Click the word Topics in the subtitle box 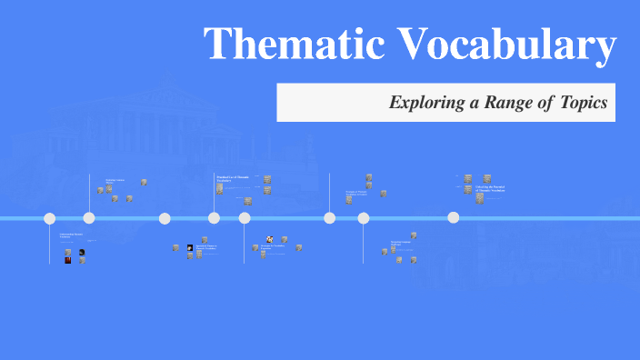584,103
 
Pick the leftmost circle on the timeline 50,218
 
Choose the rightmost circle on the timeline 454,218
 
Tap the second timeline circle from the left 89,218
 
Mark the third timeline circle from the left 165,218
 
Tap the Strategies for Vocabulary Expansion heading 274,248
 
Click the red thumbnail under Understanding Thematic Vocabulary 68,260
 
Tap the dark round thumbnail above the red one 82,252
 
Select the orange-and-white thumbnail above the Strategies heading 269,240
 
